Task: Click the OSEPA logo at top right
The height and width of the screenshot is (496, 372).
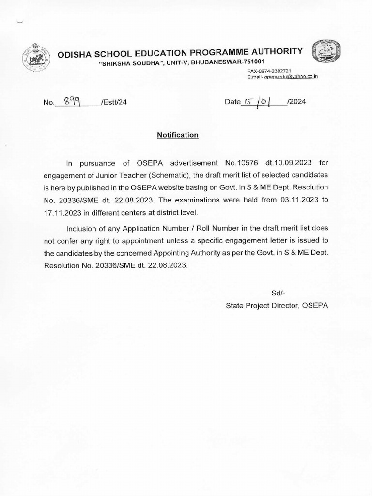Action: tap(325, 54)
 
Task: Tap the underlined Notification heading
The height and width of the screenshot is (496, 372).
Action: tap(178, 135)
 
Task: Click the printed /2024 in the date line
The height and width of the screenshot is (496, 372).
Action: tap(296, 102)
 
